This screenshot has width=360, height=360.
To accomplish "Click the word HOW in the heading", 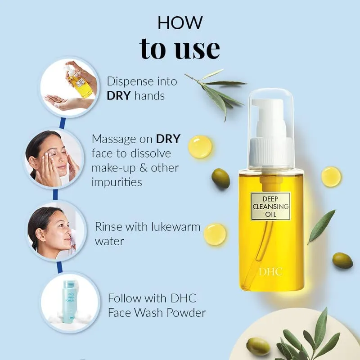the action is [x=180, y=23].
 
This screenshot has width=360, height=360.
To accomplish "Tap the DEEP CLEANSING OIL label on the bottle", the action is [x=270, y=207].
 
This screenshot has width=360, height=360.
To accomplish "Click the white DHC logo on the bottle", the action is [x=271, y=272].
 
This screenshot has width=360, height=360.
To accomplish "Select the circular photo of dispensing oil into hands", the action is [x=69, y=87].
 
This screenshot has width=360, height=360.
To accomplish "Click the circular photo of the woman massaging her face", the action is [x=53, y=158].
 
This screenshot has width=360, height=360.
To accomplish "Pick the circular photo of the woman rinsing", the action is [x=56, y=231].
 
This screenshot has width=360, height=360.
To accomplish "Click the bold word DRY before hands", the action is [x=119, y=95].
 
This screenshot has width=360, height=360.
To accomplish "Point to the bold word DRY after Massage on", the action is [x=168, y=139].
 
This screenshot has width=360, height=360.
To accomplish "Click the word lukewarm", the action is [x=176, y=227].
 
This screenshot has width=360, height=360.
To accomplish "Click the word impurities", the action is [x=117, y=182].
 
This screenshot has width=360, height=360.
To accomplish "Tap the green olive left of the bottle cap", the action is [x=220, y=178].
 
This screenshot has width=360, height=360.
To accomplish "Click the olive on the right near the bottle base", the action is [x=342, y=261].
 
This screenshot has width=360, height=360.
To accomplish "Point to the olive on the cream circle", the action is [x=258, y=346].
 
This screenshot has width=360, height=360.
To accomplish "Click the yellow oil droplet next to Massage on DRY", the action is [x=200, y=147].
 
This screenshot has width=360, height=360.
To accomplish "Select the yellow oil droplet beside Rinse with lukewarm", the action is [x=215, y=234].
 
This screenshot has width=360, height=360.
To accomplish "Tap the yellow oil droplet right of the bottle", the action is [x=331, y=176].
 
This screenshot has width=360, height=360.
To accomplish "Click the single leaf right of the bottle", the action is [x=322, y=226].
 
